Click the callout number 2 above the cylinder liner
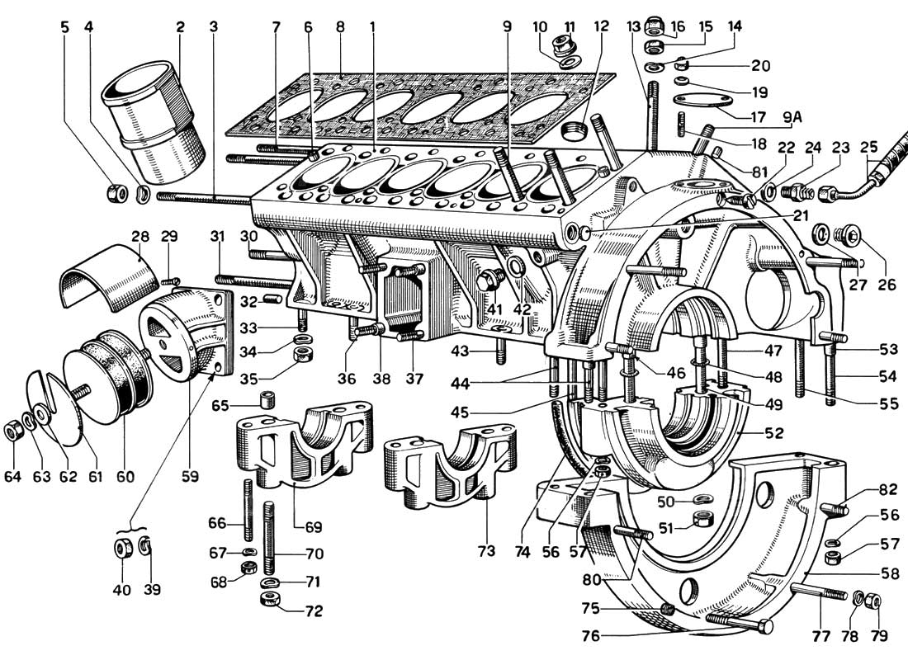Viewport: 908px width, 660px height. [179, 26]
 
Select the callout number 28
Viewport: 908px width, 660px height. [138, 236]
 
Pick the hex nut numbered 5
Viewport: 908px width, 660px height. [114, 193]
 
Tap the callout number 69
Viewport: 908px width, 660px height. [314, 526]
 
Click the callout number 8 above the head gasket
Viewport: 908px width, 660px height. [340, 26]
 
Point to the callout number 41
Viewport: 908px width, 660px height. [494, 309]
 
